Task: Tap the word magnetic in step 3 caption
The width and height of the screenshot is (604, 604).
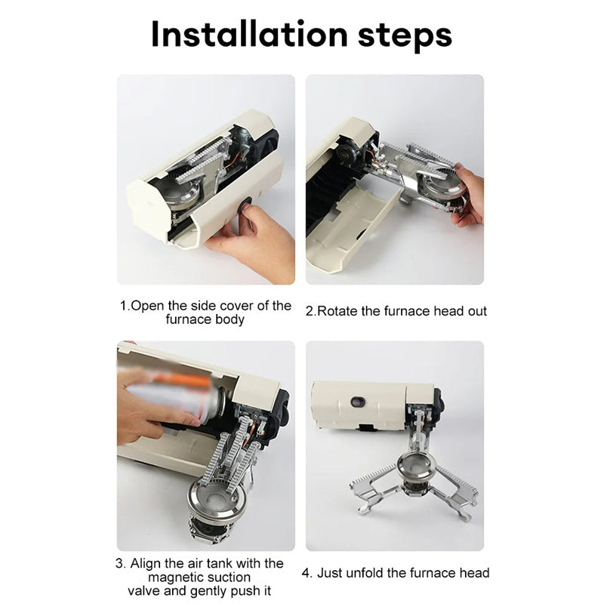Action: [175, 577]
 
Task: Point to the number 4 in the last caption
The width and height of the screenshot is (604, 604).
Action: [307, 572]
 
